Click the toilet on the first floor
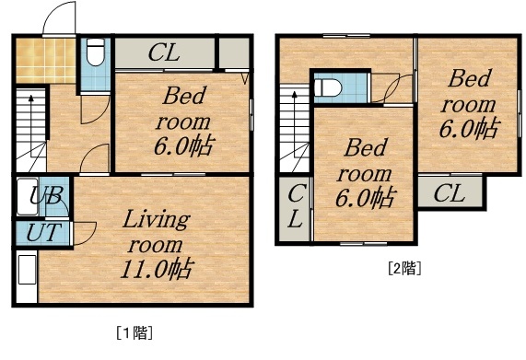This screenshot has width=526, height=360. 94,56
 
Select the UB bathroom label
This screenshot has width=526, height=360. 44,195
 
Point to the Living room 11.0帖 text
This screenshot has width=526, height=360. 157,245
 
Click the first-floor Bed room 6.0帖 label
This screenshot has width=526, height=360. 187,120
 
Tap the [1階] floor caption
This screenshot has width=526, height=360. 134,331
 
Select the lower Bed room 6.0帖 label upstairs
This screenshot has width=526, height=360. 366,172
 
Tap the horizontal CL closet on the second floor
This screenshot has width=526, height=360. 449,193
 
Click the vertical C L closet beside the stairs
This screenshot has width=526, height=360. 295,207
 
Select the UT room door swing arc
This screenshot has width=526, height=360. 85,233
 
